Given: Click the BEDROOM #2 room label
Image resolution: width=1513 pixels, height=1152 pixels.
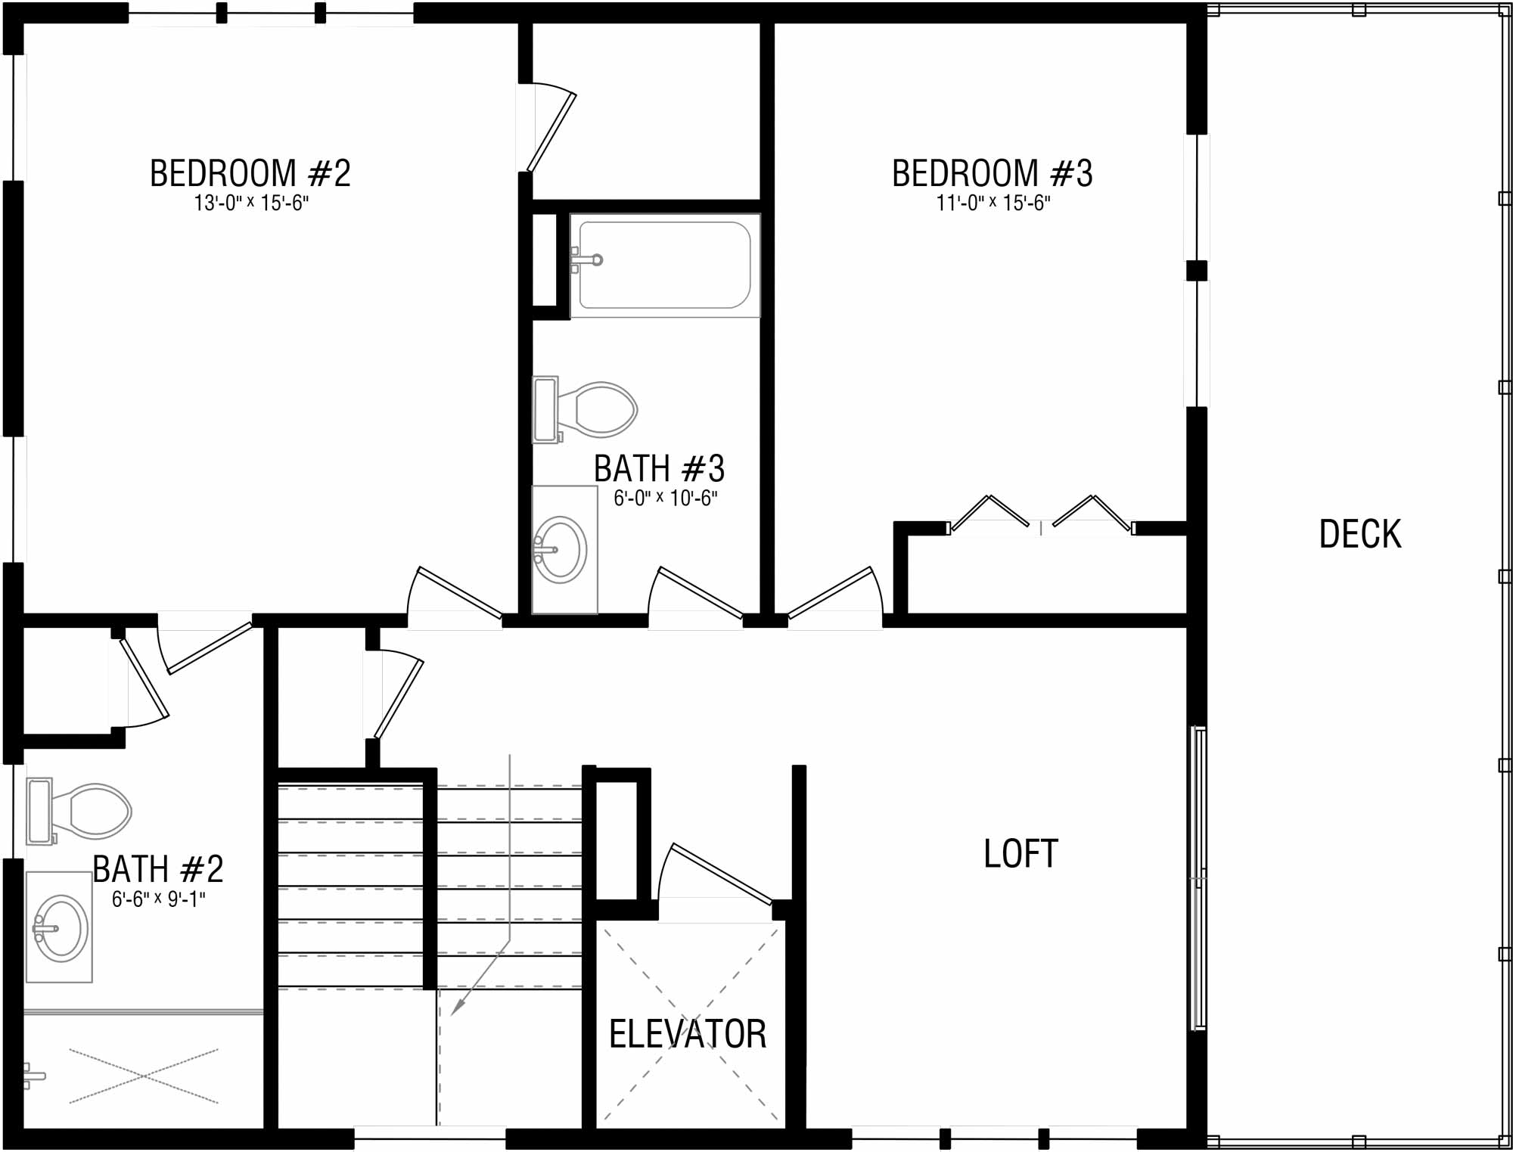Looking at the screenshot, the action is pos(250,173).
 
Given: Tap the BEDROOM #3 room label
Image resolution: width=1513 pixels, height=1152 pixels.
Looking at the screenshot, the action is pos(993,173).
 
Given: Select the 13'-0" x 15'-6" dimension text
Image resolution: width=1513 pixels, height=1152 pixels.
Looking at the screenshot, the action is pos(252,203).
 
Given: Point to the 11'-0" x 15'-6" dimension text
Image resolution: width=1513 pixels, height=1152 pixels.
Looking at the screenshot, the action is pos(994,203).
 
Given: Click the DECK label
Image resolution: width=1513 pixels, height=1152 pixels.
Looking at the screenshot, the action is pos(1360,534).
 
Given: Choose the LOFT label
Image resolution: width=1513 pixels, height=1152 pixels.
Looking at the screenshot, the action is pos(1021,854).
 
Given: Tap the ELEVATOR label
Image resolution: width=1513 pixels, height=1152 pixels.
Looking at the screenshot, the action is pos(688,1034).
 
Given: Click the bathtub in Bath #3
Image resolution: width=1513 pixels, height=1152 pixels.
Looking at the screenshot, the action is pos(665,265).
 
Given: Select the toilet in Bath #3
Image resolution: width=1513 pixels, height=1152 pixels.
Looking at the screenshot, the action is pos(585,409).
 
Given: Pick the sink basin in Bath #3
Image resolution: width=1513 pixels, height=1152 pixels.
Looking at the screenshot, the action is pos(561,550).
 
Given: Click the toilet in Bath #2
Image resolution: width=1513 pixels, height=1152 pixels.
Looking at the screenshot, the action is pos(79,811).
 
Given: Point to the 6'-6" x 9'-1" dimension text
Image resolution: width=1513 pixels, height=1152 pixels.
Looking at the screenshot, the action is pos(159,899).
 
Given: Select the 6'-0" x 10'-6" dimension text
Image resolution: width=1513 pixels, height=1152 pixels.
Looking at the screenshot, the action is pos(666,498).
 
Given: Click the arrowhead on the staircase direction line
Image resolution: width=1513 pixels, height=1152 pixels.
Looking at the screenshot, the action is pos(457,1006).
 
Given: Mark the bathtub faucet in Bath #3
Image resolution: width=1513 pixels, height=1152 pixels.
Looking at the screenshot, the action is pos(586,260).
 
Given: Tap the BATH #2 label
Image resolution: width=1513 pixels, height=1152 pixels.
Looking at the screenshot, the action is pos(158,869).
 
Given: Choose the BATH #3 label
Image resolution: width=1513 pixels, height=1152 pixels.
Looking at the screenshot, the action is pos(659,469).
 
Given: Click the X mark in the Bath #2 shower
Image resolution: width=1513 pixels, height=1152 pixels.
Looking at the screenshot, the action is pos(144,1076).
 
